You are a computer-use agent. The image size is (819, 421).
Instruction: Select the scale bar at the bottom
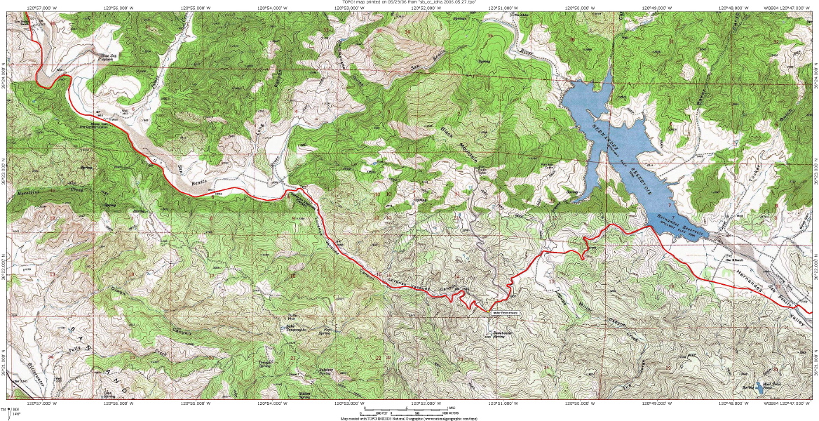point(410,409)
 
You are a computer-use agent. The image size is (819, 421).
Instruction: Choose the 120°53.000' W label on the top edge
point(348,7)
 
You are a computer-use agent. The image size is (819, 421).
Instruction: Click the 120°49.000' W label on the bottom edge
point(654,403)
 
